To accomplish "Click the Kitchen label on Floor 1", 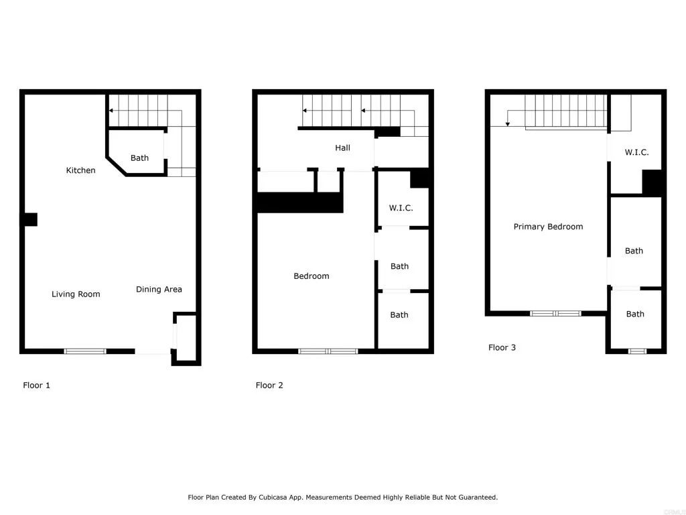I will tap(80, 170).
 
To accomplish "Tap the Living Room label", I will tap(76, 294).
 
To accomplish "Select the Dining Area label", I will tap(159, 289).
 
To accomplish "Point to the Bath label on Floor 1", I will tap(139, 158).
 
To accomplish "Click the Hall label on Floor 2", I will tap(342, 148).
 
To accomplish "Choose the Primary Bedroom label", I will tap(548, 227).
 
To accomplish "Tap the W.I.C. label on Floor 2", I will tap(401, 208).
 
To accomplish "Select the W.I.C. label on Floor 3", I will tap(636, 152).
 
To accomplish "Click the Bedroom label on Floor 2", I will tap(311, 276).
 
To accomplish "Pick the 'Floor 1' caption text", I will tap(37, 385).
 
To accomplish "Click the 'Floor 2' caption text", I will tap(269, 385).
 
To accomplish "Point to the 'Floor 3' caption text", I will tap(502, 347).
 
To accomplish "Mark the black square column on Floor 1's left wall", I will tap(31, 219).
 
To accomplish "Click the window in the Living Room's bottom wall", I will tap(85, 351).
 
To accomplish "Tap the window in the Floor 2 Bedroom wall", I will tap(328, 351).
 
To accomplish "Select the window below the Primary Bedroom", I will tap(555, 313).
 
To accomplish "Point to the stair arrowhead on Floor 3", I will tap(507, 123).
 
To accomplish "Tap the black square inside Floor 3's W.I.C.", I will tap(652, 182).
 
